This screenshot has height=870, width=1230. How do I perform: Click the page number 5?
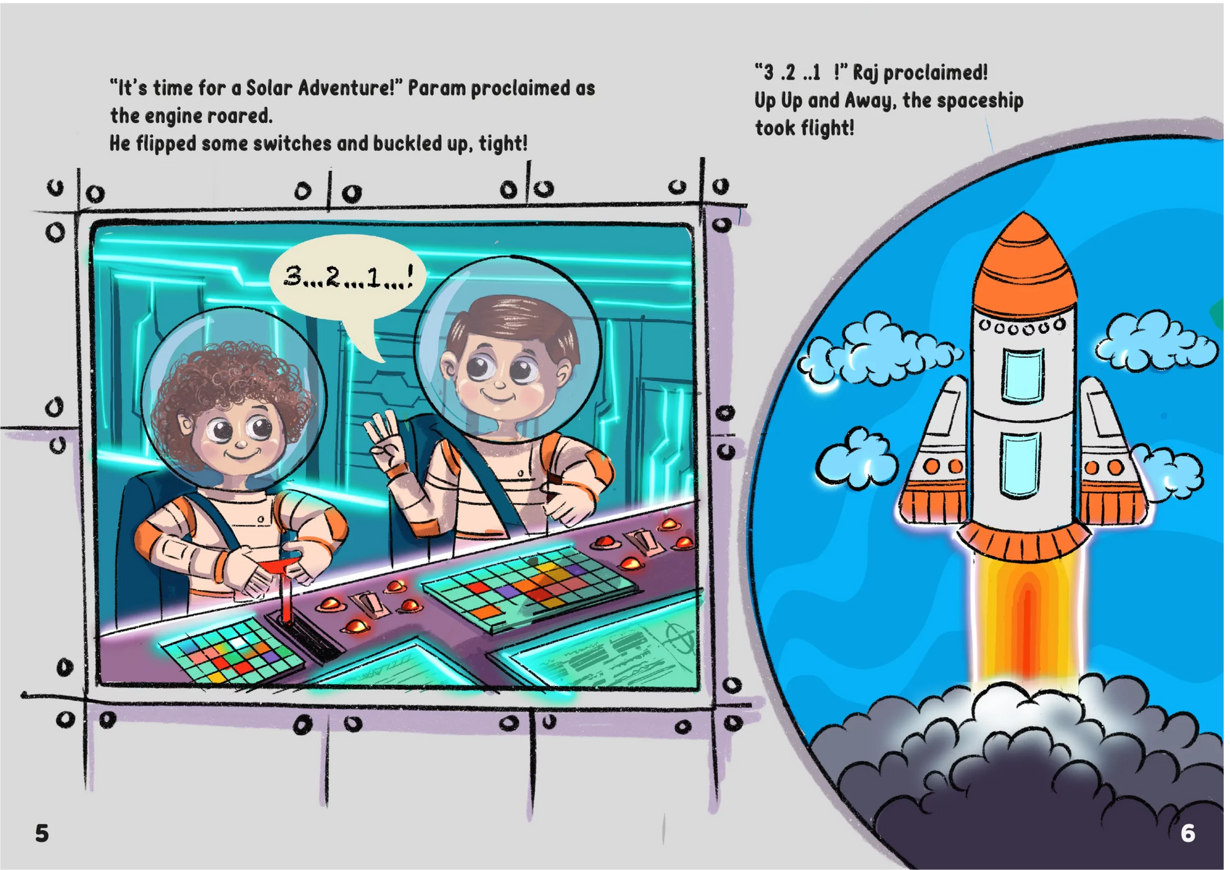click(42, 833)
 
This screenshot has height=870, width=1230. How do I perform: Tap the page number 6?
click(1188, 833)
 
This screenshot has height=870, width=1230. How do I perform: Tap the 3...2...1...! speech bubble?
click(348, 278)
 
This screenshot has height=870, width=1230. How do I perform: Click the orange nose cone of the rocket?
click(1024, 266)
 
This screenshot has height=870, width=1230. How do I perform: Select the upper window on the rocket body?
click(1023, 376)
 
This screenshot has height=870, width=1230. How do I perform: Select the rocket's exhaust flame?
click(1027, 620)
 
